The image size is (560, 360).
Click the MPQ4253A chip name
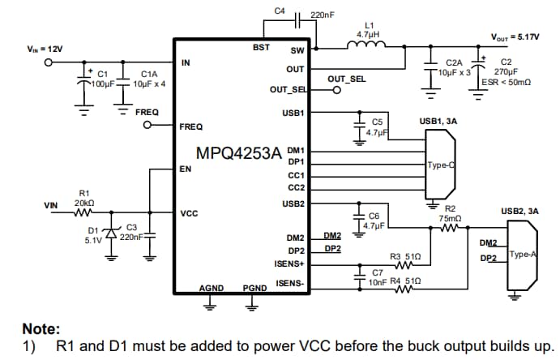[x=239, y=153]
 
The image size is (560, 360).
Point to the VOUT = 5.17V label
[x=515, y=36]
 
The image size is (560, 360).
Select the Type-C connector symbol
[x=440, y=165]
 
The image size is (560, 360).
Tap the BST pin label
[x=261, y=48]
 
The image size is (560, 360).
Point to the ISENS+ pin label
[x=289, y=264]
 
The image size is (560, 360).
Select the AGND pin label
[x=212, y=287]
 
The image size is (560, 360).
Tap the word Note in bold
[x=41, y=329]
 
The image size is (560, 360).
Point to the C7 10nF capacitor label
[x=378, y=277]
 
